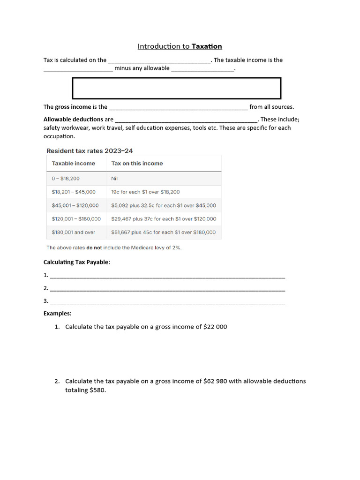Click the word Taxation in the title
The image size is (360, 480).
coord(207,46)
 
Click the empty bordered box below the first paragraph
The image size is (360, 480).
coord(176,89)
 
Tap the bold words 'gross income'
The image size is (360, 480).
coord(73,107)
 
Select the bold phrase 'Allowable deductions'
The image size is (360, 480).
coord(73,119)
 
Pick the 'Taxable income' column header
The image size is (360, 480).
coord(74,164)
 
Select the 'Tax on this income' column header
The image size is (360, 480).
coord(137,164)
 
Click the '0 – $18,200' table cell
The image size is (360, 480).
coord(66,179)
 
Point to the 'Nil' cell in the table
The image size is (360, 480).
coord(115,179)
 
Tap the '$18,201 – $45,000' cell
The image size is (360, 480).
coord(74,192)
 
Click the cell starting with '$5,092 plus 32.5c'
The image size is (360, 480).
coord(164,205)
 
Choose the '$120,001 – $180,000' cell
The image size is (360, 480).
coord(76,219)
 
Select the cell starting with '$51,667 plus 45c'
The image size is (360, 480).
coord(164,232)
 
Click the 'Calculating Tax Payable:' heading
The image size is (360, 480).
coord(77,262)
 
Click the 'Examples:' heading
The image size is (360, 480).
coord(58,313)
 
